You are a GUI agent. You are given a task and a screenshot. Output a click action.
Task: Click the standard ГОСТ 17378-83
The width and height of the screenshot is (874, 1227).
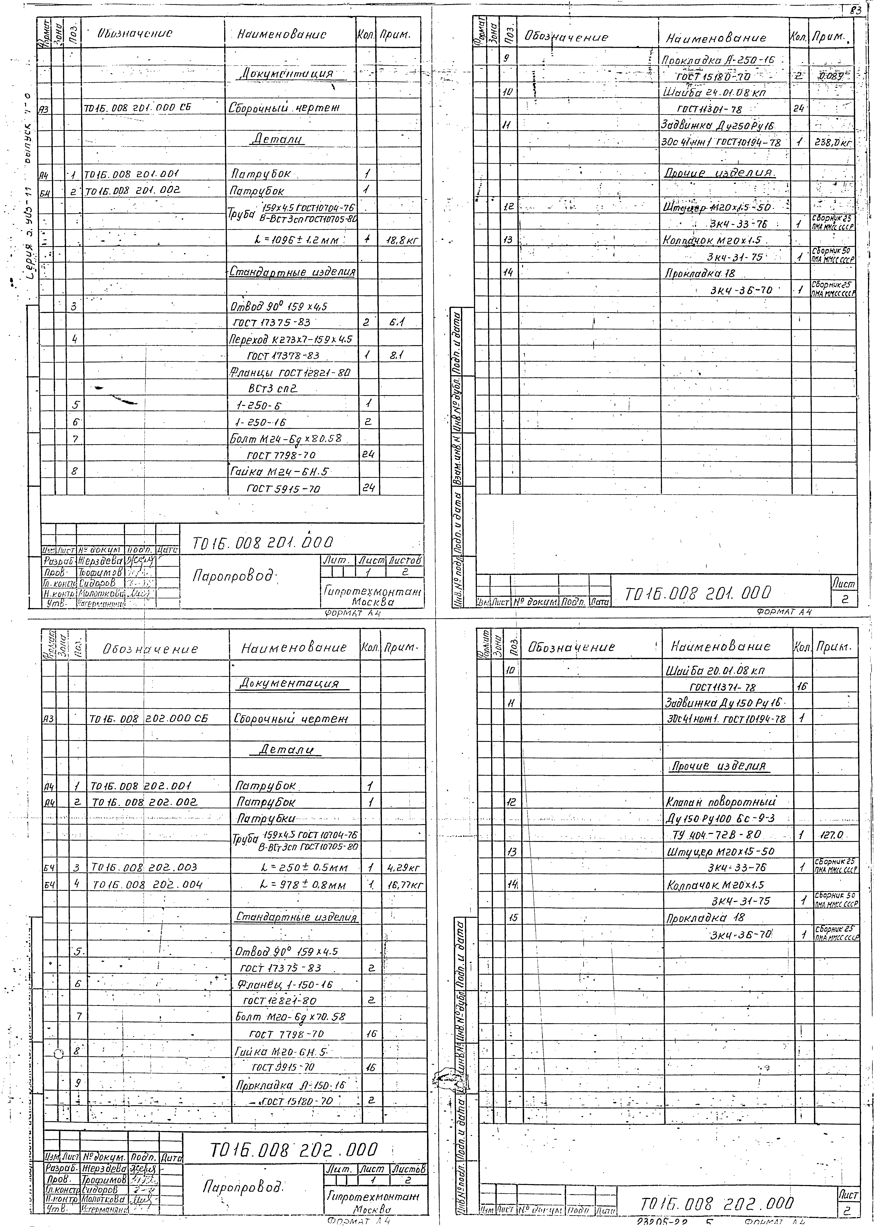[283, 355]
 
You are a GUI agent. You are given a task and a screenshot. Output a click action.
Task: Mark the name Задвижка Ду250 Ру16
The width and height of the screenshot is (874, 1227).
[719, 125]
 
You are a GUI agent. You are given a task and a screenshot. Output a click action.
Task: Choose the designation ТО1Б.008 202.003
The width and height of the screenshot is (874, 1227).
[144, 867]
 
